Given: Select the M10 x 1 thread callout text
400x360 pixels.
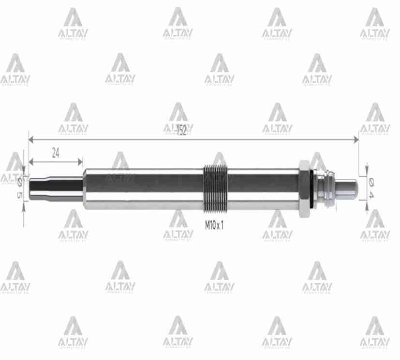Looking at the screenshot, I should coord(214,225).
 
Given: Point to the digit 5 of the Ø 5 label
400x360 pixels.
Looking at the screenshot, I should coord(20,194).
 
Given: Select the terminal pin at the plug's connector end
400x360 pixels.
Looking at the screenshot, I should coord(347,187).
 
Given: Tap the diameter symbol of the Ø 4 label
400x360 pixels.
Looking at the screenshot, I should coord(372,182).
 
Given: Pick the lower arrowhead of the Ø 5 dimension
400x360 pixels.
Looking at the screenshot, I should coord(24,201).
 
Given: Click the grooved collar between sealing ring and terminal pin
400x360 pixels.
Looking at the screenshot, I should coord(325,187).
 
